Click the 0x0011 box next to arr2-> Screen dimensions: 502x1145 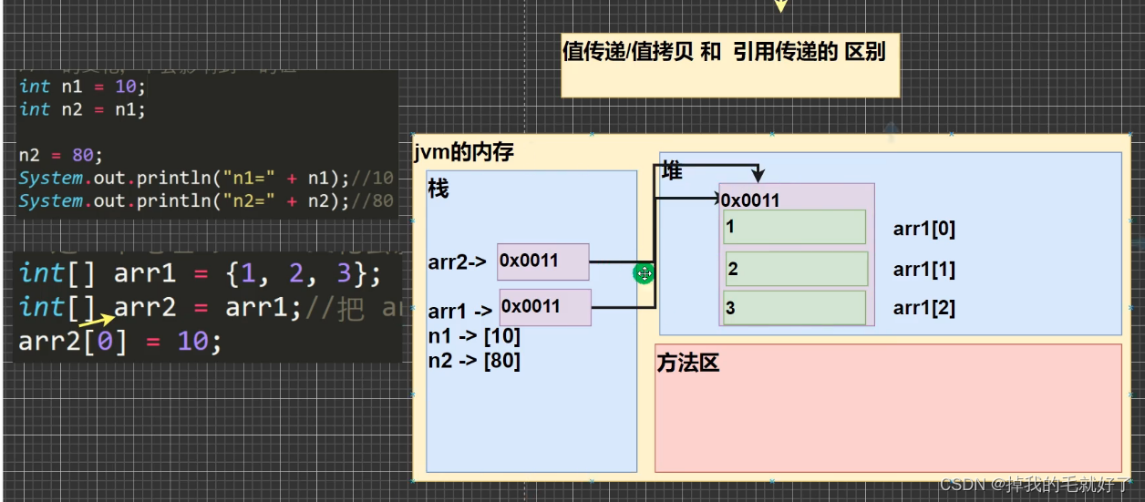tap(542, 261)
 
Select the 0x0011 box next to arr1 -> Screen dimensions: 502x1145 tap(545, 307)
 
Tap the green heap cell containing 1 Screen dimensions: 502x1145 tap(794, 227)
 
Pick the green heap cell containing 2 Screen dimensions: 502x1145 tap(796, 269)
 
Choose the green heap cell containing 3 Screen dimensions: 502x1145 tap(794, 308)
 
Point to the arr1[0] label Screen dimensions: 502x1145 tap(923, 229)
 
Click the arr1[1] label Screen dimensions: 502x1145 tap(923, 270)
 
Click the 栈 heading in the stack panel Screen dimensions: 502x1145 tap(438, 190)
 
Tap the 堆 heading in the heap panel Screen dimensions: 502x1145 tap(672, 172)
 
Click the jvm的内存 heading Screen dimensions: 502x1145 tap(463, 152)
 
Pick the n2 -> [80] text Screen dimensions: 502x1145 tap(474, 361)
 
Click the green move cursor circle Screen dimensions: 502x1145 tap(645, 273)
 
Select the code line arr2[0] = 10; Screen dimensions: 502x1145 tap(119, 343)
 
